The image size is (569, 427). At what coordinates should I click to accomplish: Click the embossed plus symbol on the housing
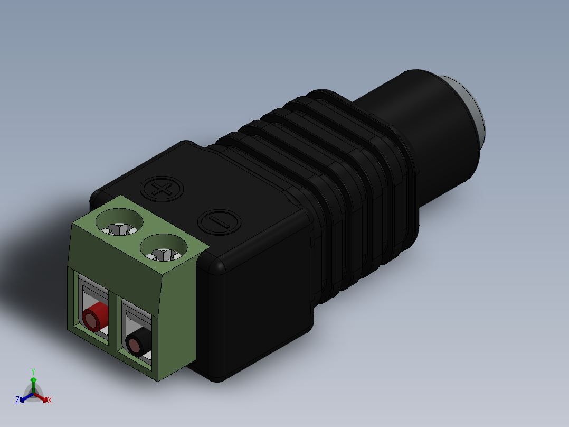click(163, 189)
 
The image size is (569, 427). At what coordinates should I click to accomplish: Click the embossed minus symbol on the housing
click(219, 222)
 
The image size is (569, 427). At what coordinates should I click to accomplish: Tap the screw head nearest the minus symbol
click(164, 252)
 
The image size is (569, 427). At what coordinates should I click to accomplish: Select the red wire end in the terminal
click(93, 319)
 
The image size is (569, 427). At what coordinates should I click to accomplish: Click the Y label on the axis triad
click(33, 371)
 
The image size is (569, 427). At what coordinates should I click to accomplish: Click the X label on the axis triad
click(49, 401)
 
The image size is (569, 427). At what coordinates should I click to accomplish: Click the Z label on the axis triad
click(17, 400)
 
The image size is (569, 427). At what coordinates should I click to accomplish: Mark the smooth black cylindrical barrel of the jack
click(422, 116)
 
